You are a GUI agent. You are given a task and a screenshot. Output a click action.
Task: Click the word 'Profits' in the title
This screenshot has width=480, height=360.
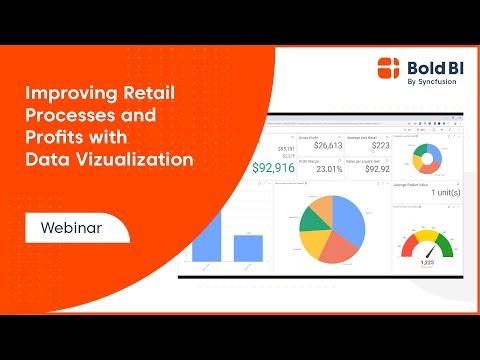49,137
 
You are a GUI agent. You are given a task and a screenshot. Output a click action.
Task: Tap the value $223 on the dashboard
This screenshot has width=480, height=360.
367,146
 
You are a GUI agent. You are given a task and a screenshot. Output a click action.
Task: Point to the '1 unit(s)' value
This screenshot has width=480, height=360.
439,190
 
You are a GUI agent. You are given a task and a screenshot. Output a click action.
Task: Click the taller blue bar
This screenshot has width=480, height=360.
205,231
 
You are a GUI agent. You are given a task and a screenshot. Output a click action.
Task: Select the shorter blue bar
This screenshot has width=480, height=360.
248,248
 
